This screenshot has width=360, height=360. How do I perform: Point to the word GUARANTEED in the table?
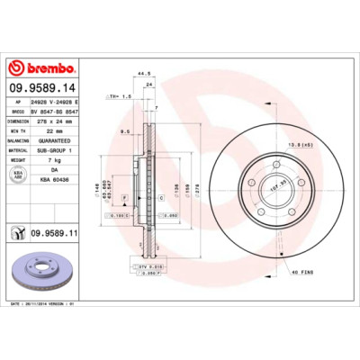click(x=62, y=140)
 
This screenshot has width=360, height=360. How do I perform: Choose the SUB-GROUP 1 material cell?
click(x=62, y=150)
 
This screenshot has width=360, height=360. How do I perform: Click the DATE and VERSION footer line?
click(x=53, y=305)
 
